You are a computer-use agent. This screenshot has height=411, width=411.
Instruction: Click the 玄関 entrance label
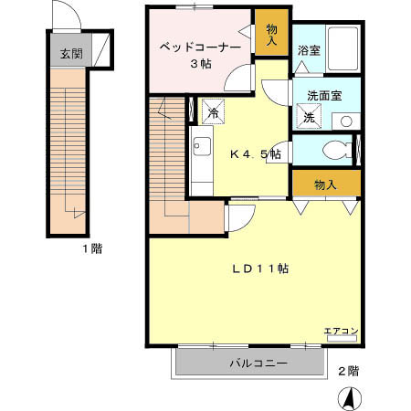[x=71, y=54]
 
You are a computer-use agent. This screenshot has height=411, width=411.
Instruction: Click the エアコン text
[x=339, y=331]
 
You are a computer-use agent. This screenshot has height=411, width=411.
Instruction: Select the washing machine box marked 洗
[x=308, y=117]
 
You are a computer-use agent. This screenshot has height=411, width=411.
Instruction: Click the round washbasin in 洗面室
[x=346, y=121]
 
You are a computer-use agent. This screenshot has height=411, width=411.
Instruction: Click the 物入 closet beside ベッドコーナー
[x=272, y=34]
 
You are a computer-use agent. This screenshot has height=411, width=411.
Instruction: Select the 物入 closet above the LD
[x=325, y=184]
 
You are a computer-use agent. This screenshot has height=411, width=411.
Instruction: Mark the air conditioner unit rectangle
[x=341, y=341]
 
